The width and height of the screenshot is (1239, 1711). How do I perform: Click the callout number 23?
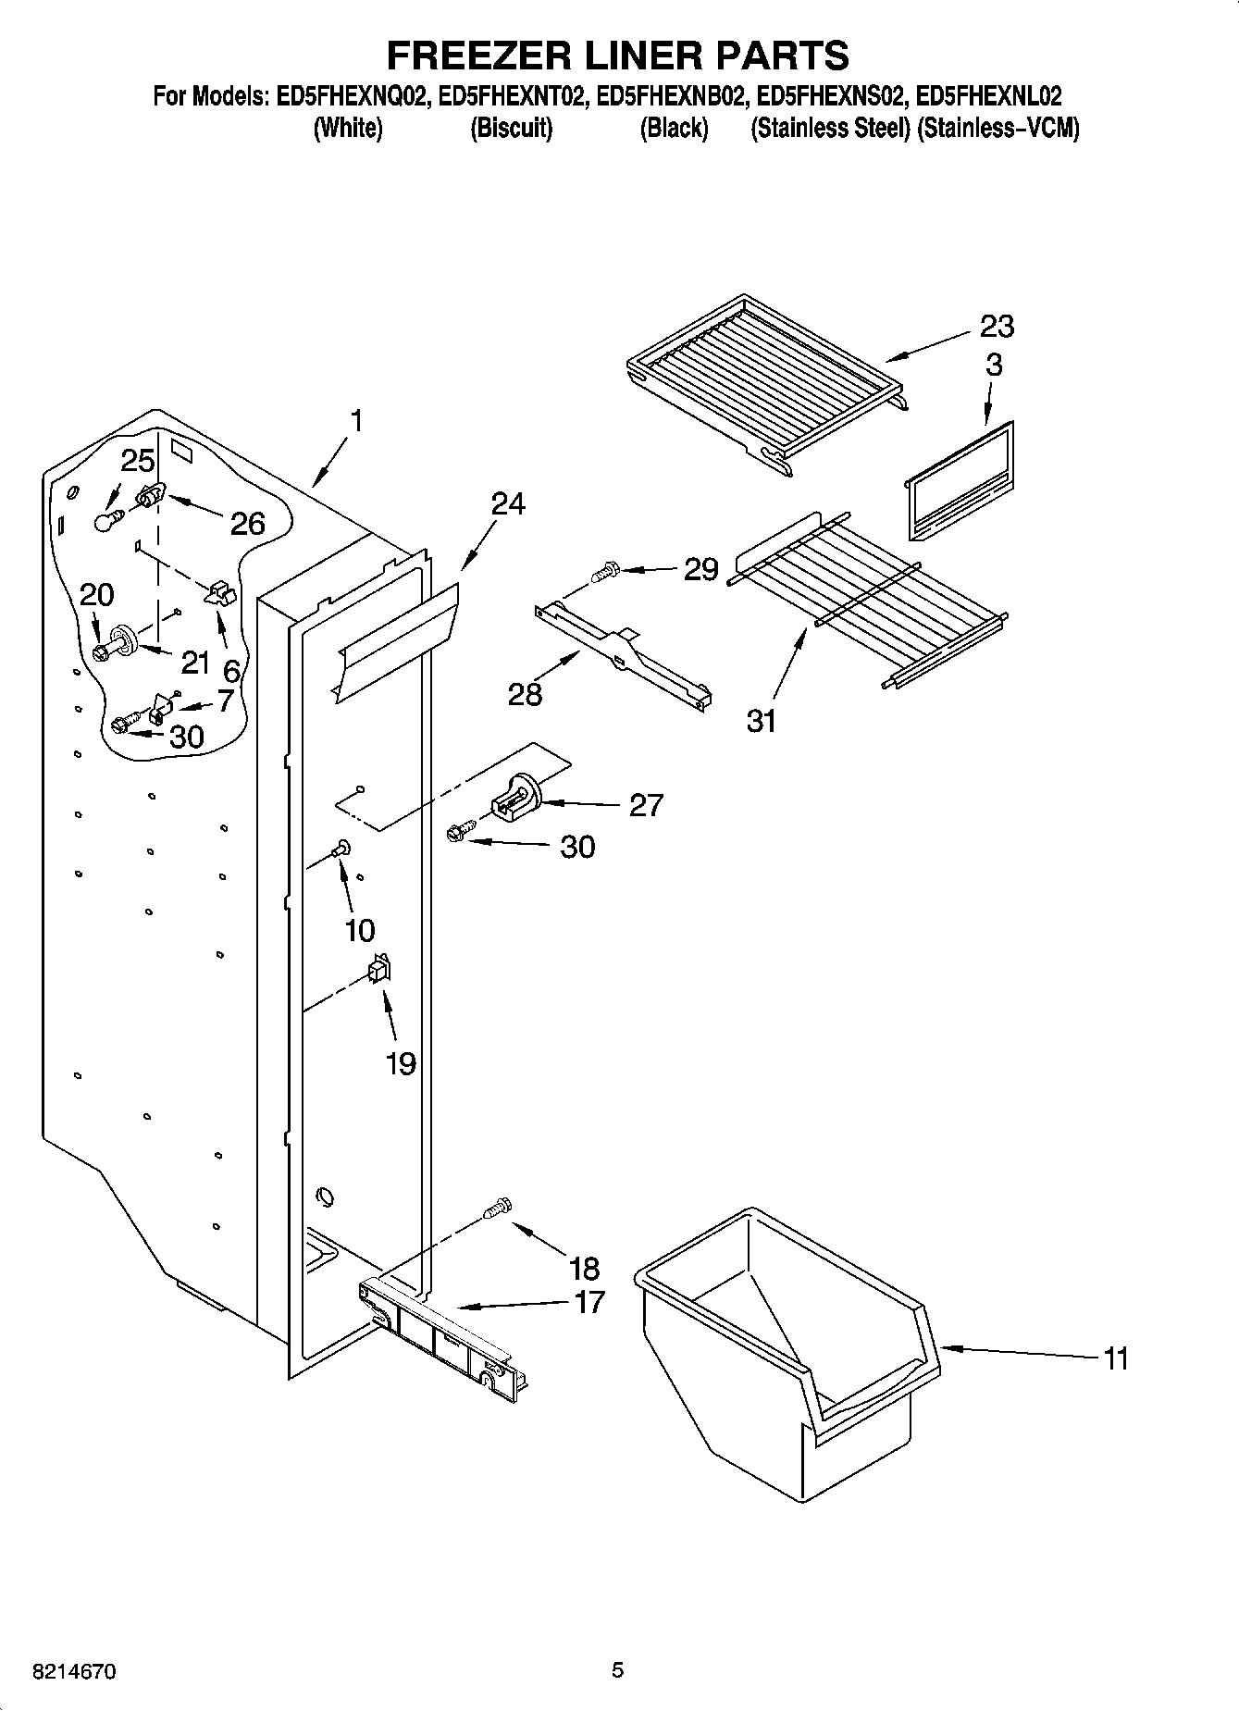pyautogui.click(x=997, y=326)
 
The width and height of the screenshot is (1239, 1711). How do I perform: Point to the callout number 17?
pyautogui.click(x=589, y=1302)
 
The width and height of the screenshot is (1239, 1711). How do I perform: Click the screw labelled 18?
pyautogui.click(x=498, y=1207)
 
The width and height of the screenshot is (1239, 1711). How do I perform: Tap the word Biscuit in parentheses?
pyautogui.click(x=512, y=128)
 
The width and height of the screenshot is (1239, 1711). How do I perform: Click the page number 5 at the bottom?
pyautogui.click(x=618, y=1669)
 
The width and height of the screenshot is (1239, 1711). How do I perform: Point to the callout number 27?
pyautogui.click(x=646, y=805)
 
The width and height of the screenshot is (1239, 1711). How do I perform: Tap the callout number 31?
pyautogui.click(x=762, y=721)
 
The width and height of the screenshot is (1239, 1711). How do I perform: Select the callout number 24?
pyautogui.click(x=507, y=504)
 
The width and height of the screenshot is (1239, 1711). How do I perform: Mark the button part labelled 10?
pyautogui.click(x=341, y=846)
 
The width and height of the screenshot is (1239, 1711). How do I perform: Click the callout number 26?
pyautogui.click(x=247, y=524)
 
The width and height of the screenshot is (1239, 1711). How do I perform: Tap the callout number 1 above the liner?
pyautogui.click(x=355, y=421)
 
